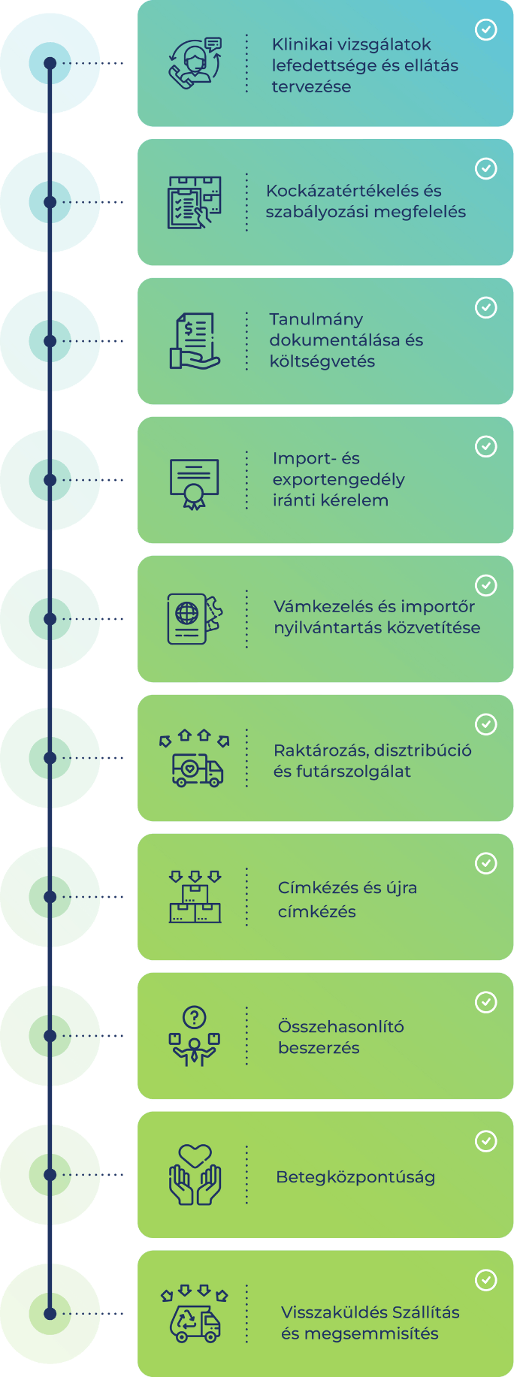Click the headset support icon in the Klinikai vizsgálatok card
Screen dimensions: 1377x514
(195, 63)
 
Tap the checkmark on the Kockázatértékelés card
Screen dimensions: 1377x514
(486, 168)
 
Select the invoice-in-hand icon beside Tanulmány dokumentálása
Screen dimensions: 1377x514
(195, 341)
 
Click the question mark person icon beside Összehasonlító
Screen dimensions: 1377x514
(195, 1036)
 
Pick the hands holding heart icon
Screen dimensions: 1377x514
(195, 1175)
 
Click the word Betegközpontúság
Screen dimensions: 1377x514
(355, 1177)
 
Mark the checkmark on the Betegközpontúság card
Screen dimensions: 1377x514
(486, 1141)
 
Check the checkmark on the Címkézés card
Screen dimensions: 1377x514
(486, 863)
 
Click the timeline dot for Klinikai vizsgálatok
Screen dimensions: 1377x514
(50, 63)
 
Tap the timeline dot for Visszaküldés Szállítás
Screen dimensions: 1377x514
(50, 1314)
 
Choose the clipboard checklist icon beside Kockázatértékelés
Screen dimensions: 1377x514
(195, 202)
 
